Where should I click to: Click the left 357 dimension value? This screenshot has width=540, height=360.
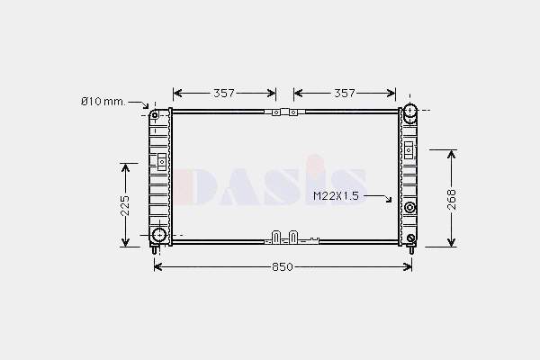pyautogui.click(x=224, y=93)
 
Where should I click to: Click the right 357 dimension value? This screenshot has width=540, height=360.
pyautogui.click(x=345, y=93)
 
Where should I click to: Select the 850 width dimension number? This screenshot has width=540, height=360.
pyautogui.click(x=283, y=267)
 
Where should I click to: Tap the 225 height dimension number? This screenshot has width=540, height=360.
pyautogui.click(x=125, y=205)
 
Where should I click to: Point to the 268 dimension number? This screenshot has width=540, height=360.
pyautogui.click(x=452, y=199)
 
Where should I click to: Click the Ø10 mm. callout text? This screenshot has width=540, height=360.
pyautogui.click(x=103, y=102)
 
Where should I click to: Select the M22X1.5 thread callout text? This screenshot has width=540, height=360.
pyautogui.click(x=336, y=196)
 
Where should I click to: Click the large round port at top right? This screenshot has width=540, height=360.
pyautogui.click(x=410, y=111)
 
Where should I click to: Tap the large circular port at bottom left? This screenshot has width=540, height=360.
pyautogui.click(x=159, y=235)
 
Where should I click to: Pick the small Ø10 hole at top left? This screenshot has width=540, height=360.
pyautogui.click(x=155, y=114)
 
